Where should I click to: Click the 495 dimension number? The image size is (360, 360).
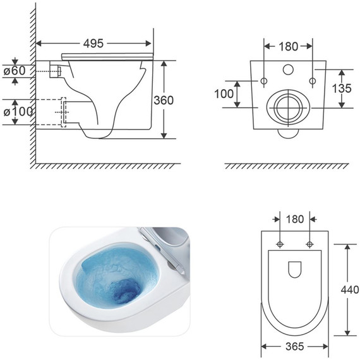(93, 44)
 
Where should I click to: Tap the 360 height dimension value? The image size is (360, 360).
(164, 100)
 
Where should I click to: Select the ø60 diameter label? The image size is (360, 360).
(15, 71)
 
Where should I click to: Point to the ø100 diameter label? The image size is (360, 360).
(18, 112)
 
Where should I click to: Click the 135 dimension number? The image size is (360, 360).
(342, 88)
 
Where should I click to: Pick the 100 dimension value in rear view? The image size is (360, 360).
(224, 93)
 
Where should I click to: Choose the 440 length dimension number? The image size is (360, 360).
(350, 290)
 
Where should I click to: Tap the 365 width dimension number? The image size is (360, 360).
(295, 347)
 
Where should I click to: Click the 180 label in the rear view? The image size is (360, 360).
(289, 47)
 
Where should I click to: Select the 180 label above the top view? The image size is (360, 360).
(295, 219)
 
